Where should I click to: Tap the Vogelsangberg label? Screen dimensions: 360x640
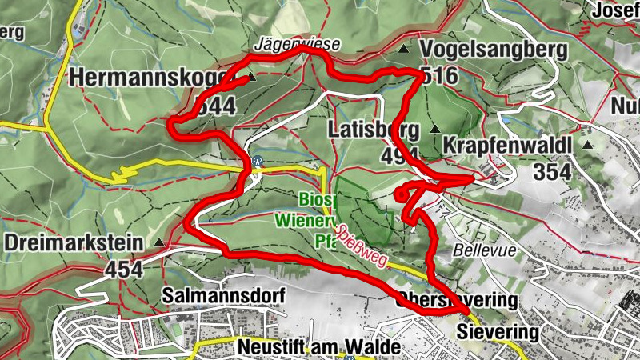(493, 51)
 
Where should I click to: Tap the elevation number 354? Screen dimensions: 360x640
(552, 171)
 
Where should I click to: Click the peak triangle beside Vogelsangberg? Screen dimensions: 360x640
(404, 50)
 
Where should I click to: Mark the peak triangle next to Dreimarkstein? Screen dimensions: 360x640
(159, 242)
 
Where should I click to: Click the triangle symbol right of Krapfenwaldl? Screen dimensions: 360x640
(588, 146)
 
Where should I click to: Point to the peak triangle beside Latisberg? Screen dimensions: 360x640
(435, 129)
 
